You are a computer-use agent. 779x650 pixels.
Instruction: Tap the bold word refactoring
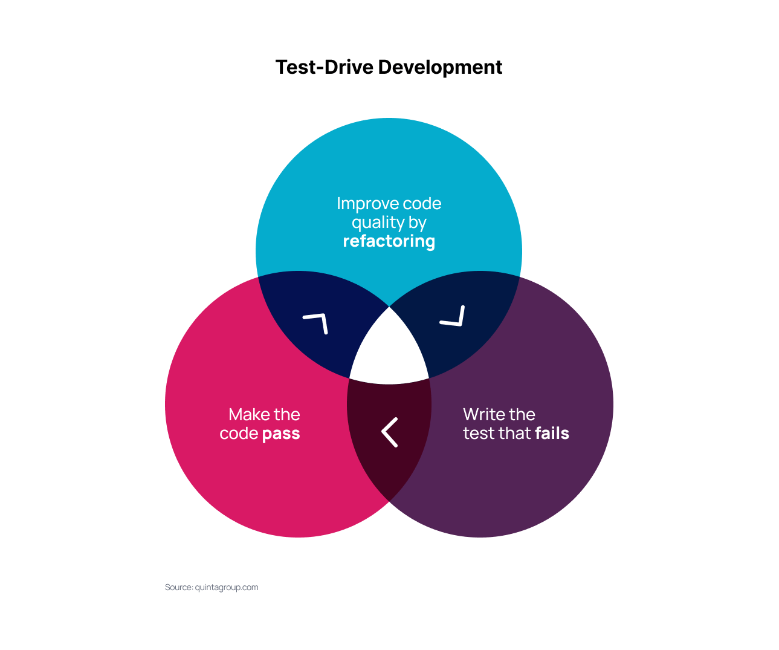[389, 241]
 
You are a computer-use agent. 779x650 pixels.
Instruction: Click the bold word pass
[281, 434]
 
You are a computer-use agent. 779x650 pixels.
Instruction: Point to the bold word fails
[552, 434]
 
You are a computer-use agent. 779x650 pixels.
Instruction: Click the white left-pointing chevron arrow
[390, 432]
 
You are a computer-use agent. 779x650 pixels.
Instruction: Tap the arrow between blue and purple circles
[453, 316]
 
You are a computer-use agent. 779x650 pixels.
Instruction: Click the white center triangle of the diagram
[389, 354]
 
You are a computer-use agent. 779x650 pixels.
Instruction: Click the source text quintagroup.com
[227, 587]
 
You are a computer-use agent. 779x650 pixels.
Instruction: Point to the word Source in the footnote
[178, 587]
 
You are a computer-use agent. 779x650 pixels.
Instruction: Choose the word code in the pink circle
[239, 434]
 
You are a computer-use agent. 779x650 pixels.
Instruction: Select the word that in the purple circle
[515, 434]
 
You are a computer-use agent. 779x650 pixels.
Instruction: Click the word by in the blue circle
[417, 223]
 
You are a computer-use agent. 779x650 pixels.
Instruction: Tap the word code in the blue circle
[422, 204]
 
